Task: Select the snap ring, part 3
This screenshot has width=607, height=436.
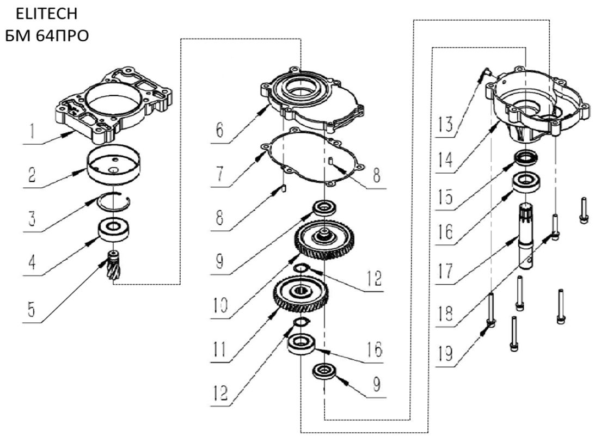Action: [x=113, y=202]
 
